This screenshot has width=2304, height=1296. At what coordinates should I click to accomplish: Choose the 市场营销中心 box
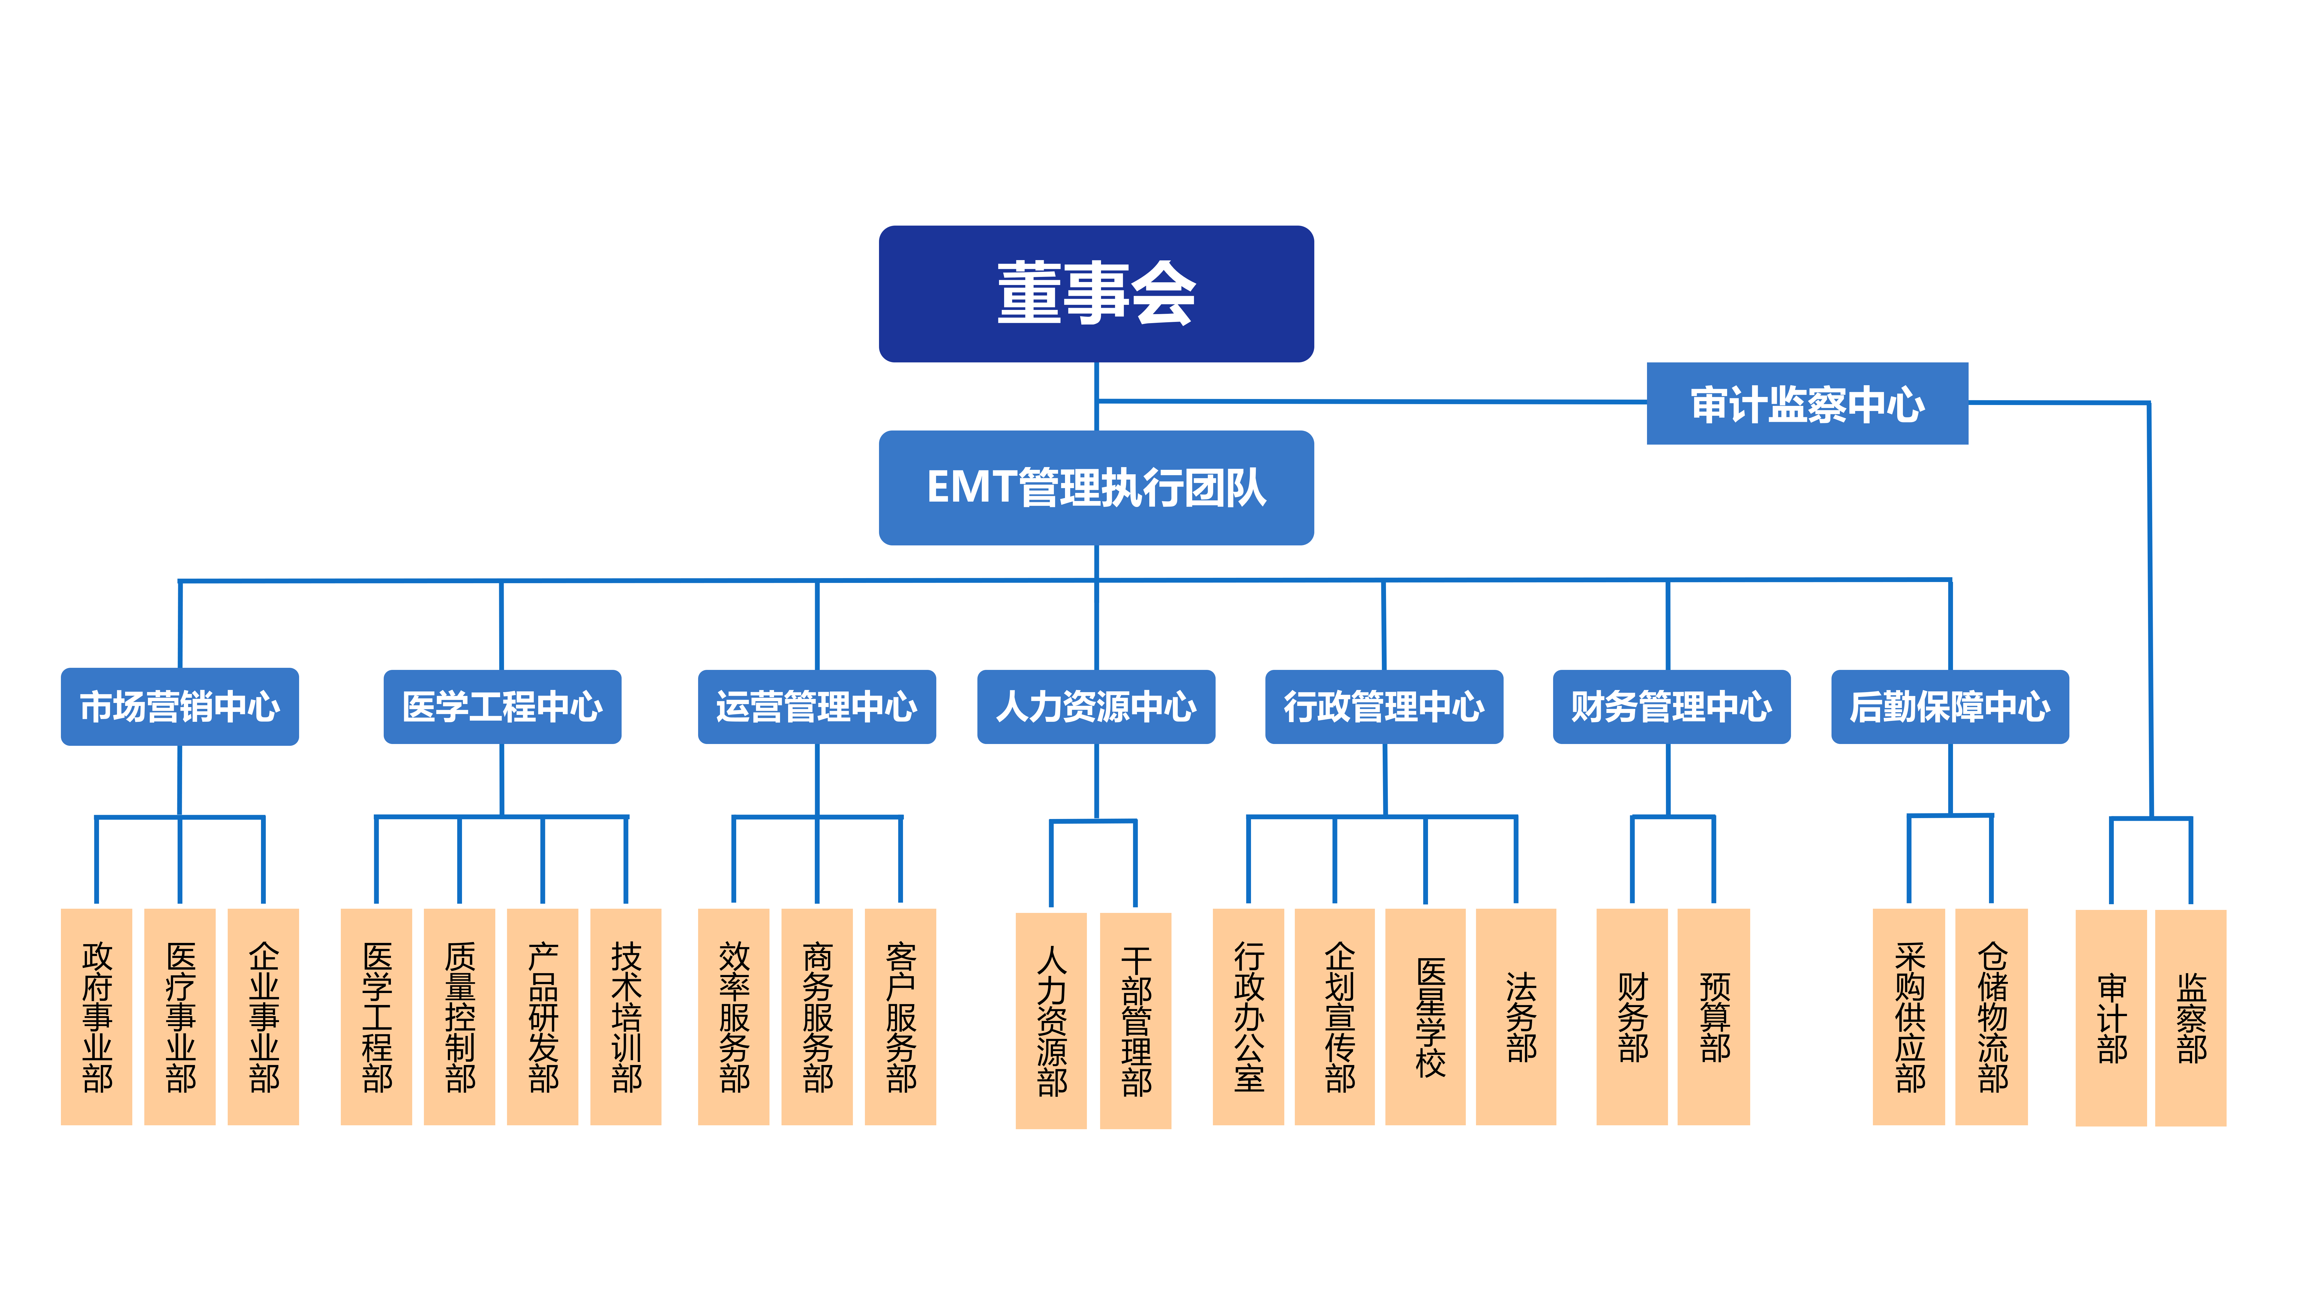180,706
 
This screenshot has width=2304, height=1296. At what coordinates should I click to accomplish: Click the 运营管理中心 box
817,706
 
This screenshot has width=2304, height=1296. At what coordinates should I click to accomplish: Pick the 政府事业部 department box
97,1017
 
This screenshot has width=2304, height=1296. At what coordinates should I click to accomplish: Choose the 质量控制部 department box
460,1017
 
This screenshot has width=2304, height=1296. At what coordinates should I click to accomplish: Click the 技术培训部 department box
626,1017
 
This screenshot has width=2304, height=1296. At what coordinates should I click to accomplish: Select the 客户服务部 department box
901,1017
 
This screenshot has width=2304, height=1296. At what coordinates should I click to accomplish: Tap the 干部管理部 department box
1136,1021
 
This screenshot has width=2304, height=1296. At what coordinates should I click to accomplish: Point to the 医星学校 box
1426,1017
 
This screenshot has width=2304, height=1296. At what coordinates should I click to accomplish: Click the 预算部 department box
1714,1017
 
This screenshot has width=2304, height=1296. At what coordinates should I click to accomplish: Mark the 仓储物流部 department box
1992,1017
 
